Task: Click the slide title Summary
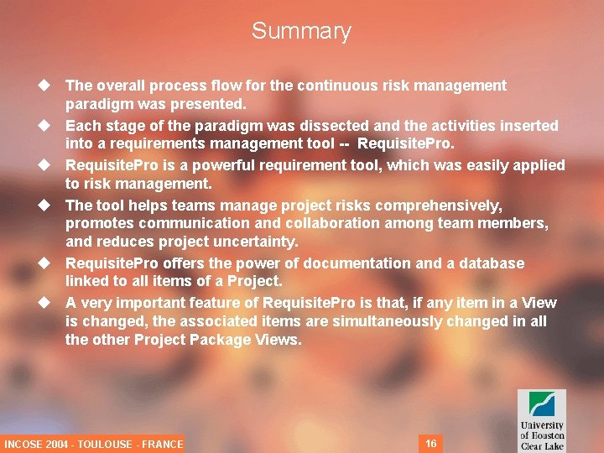click(x=301, y=31)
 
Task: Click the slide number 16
click(x=431, y=443)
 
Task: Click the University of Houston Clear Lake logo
click(x=541, y=419)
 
